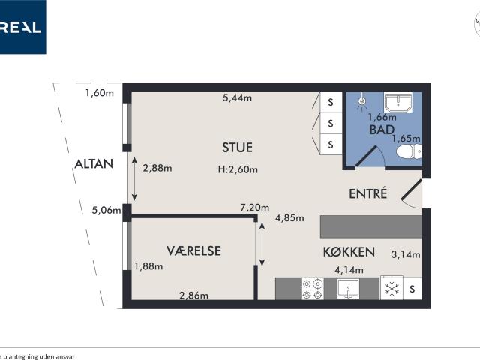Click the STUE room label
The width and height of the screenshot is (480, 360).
[x=237, y=147]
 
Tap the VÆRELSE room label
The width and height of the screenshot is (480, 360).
[x=193, y=250]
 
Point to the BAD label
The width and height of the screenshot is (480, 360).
[x=381, y=130]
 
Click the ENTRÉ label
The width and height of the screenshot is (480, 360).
[x=367, y=193]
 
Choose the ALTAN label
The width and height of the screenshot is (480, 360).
[x=94, y=164]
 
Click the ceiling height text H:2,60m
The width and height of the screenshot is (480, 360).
[x=238, y=169]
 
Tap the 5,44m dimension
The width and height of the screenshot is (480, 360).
[x=238, y=97]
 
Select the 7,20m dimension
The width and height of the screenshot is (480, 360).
[x=253, y=206]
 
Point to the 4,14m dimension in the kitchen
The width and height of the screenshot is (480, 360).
[x=349, y=270]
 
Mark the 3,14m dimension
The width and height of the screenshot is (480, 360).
[x=406, y=254]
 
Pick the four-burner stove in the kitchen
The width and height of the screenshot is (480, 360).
[x=312, y=289]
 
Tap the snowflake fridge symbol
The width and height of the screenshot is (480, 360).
[x=390, y=289]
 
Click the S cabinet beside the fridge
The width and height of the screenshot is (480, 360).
[x=412, y=289]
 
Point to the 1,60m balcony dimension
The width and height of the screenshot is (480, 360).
[x=99, y=94]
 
